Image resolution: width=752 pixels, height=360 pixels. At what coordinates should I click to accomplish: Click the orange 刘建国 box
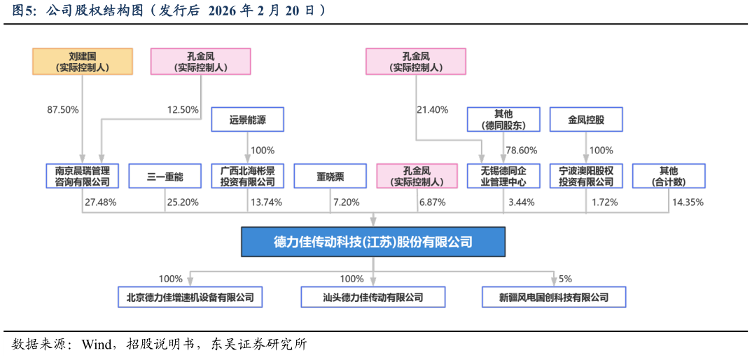(83, 62)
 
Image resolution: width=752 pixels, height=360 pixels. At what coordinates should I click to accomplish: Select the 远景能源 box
(247, 120)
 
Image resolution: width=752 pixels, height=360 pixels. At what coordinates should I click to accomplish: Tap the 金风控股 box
(586, 120)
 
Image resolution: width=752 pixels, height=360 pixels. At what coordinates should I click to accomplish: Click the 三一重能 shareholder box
(165, 176)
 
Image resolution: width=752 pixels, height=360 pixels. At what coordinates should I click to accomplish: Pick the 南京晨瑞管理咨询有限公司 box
(83, 176)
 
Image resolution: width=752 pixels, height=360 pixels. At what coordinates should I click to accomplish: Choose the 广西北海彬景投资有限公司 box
(247, 176)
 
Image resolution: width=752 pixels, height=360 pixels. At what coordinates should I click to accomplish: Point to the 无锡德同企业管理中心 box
(503, 176)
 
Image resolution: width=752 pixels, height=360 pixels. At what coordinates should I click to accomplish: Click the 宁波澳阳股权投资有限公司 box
(586, 176)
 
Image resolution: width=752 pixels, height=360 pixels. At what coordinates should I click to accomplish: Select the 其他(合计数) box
(668, 176)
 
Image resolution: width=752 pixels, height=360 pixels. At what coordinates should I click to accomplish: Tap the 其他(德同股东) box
(503, 120)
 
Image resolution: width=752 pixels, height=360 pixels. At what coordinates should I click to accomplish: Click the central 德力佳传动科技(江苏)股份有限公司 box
(372, 242)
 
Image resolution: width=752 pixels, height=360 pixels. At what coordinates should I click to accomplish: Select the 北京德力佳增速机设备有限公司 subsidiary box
(190, 297)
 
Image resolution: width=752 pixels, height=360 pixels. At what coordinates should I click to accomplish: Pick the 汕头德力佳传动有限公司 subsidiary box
(372, 297)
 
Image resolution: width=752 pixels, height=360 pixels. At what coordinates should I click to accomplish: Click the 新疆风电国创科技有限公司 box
(554, 297)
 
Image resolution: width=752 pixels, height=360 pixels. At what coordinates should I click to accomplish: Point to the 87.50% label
(63, 110)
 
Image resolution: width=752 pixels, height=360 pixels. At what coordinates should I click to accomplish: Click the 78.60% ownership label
(521, 151)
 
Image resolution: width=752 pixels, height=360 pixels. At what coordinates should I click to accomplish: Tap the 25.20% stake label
(183, 202)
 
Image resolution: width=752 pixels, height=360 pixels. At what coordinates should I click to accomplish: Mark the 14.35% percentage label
(688, 202)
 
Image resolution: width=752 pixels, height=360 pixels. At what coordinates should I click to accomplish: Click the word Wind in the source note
(96, 345)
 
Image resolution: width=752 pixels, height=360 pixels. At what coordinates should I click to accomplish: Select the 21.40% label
(432, 110)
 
